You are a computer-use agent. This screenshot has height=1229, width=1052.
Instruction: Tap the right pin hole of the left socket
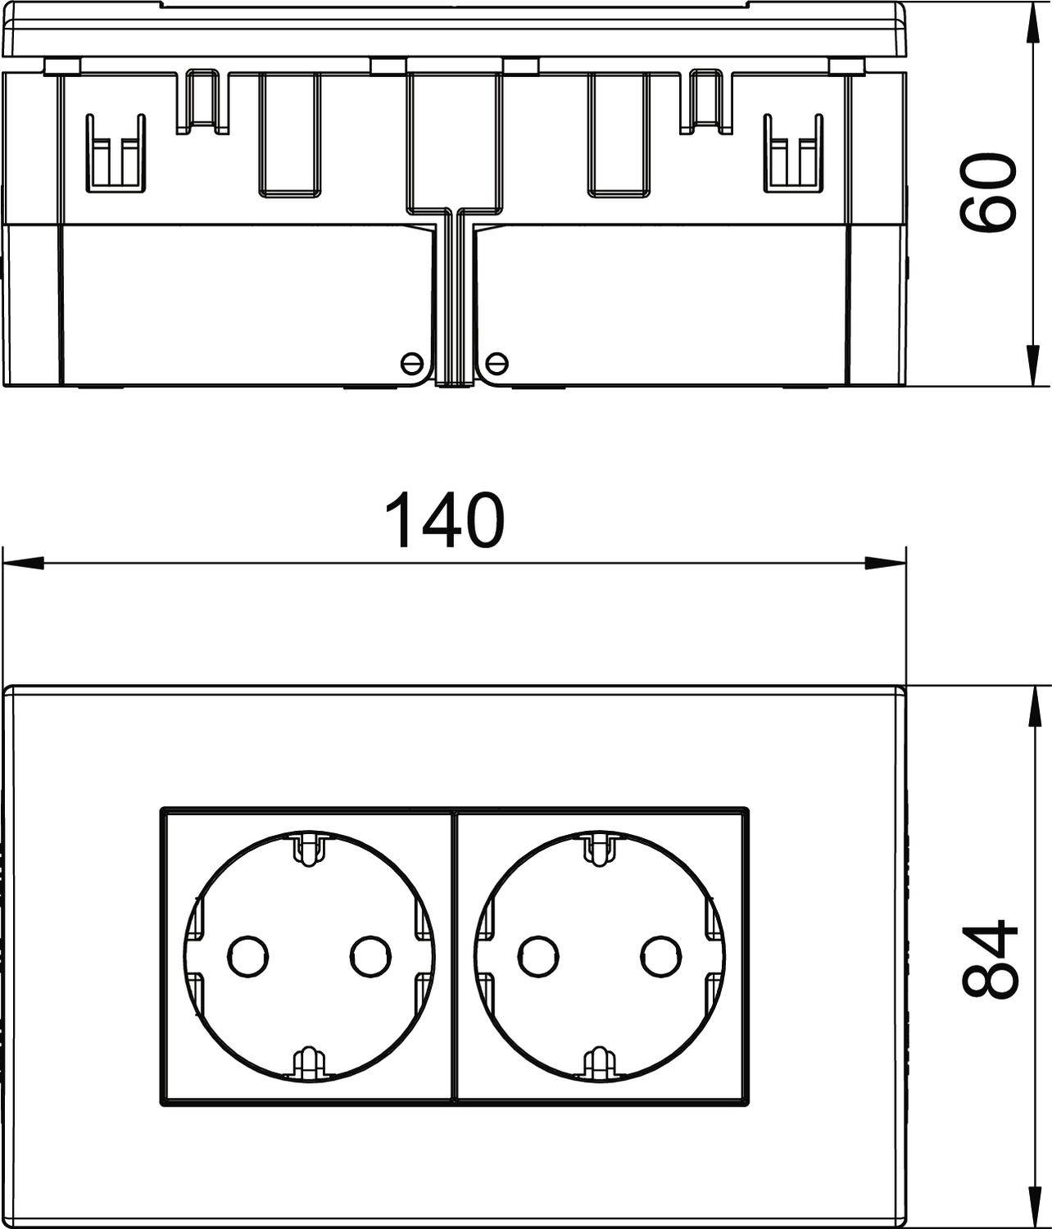(x=371, y=954)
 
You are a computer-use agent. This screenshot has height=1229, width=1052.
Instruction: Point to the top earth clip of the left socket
(x=309, y=849)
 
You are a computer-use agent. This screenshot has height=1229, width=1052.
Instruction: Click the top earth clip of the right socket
(x=600, y=849)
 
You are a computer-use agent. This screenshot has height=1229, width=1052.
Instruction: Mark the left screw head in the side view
(x=410, y=361)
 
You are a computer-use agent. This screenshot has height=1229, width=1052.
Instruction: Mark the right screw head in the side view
(x=497, y=361)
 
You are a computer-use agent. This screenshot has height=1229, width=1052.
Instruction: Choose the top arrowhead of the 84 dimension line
(x=1029, y=705)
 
